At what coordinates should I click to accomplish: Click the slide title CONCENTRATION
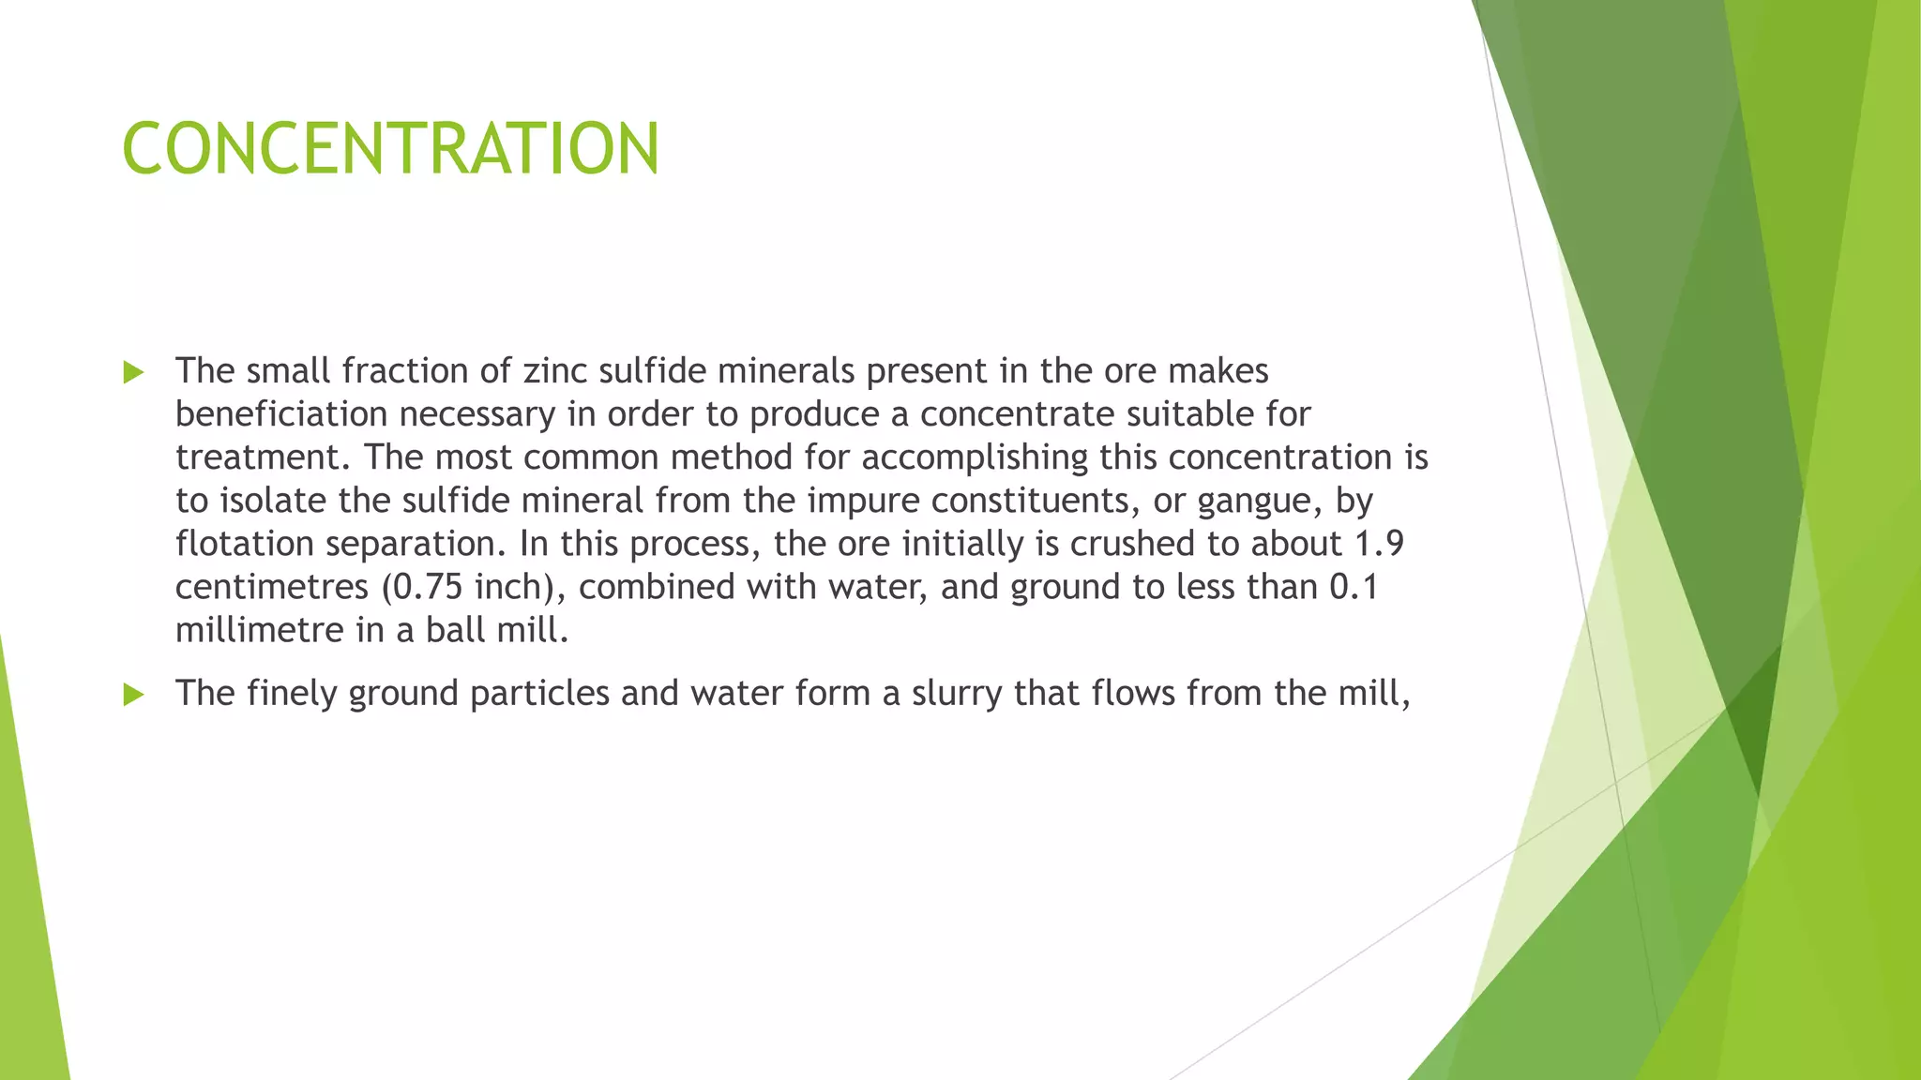390,148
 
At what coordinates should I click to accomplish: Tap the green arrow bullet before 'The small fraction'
133,373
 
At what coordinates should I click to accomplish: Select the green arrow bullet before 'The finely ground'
133,695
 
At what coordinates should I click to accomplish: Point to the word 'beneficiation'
281,414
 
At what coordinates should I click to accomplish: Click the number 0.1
1354,587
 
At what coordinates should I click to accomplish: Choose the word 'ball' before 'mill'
455,630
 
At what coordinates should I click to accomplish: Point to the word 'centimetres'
272,587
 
